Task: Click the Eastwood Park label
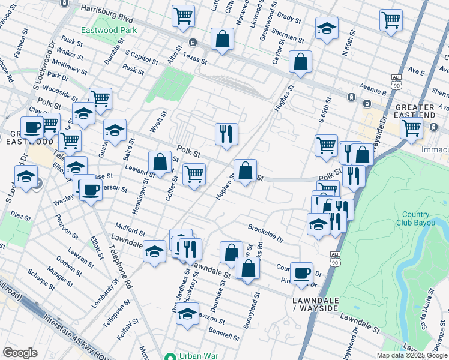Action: [109, 30]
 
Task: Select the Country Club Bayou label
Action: [415, 219]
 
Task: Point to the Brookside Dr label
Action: [265, 233]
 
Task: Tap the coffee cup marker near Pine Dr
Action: [302, 273]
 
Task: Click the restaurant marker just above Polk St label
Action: [226, 134]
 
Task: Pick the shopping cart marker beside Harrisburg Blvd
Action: [183, 16]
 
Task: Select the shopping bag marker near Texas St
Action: [222, 39]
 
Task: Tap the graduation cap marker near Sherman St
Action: [327, 28]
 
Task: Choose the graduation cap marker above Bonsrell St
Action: [187, 314]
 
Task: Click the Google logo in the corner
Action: [20, 353]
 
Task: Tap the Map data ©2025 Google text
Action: [412, 355]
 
